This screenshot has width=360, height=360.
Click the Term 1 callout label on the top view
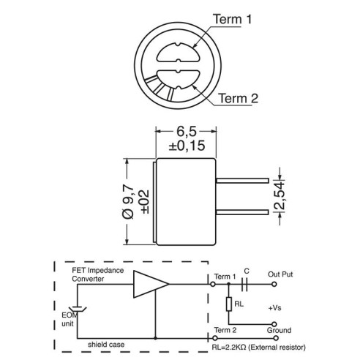(x=232, y=19)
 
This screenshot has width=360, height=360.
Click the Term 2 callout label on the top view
(x=238, y=98)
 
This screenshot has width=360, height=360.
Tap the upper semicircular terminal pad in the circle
(x=178, y=53)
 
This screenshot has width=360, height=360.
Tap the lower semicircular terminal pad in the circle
(x=178, y=80)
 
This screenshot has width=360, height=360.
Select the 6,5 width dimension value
(x=187, y=131)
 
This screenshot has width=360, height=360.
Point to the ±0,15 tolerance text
(x=187, y=146)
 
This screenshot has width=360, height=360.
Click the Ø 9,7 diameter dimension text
(x=128, y=202)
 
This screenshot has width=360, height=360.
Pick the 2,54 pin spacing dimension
(x=280, y=195)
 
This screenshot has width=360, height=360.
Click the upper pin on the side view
(x=242, y=181)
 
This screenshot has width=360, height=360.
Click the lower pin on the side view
(x=242, y=212)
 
